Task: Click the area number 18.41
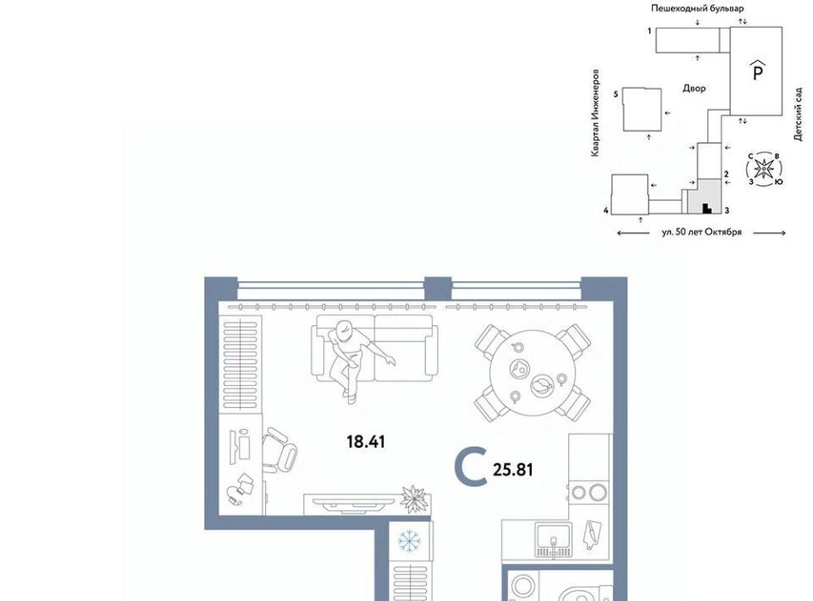(x=366, y=442)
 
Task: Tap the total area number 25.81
(x=513, y=470)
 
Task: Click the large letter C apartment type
(x=470, y=468)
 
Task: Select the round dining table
(x=533, y=373)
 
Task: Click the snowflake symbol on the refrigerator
(x=410, y=542)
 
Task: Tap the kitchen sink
(x=554, y=540)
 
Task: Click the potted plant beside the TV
(x=414, y=499)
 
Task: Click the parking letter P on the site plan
(x=757, y=70)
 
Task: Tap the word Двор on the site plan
(x=694, y=89)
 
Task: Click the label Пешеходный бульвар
(x=697, y=8)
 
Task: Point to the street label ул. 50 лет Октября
(x=701, y=232)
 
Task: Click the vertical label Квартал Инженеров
(x=595, y=113)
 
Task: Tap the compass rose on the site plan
(x=764, y=168)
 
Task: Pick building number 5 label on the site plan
(x=616, y=94)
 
